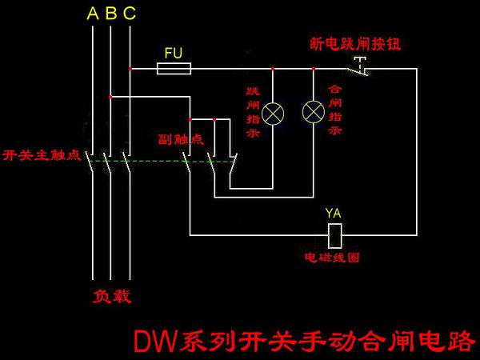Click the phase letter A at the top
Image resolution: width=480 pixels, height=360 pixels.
point(93,14)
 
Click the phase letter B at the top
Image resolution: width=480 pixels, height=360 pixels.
point(111,14)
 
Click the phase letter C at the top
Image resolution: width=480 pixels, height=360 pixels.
point(130,14)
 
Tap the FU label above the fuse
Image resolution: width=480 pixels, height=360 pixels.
point(174,53)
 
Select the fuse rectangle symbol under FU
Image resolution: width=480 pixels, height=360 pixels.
point(174,70)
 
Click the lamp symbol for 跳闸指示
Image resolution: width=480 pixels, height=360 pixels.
point(273,113)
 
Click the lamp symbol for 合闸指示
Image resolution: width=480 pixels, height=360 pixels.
point(311,113)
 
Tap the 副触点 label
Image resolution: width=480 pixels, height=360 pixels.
point(181,138)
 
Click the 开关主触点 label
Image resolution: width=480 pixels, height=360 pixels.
point(42,154)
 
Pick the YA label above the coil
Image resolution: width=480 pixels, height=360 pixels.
point(334,213)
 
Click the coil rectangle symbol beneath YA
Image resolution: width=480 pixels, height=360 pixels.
point(336,234)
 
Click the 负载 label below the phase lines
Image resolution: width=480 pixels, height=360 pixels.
point(111,296)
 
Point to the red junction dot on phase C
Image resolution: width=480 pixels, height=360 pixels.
point(130,70)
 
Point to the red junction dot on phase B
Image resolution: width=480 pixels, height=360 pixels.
point(111,98)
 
